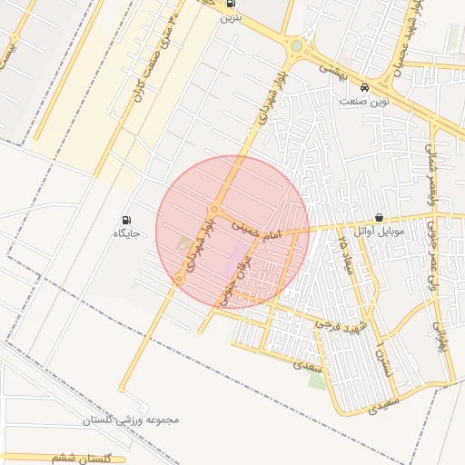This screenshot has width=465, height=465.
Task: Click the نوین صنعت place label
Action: [x=364, y=102]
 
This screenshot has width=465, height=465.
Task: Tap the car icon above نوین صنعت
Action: [x=364, y=88]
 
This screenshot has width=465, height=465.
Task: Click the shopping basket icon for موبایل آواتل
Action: [x=379, y=218]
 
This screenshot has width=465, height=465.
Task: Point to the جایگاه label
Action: [x=125, y=233]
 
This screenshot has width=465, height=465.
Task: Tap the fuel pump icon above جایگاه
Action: [x=125, y=220]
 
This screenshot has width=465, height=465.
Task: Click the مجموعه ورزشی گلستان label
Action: [x=132, y=420]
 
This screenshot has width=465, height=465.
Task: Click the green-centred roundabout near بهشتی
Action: [x=296, y=45]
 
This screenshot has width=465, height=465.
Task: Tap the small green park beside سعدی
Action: [x=317, y=381]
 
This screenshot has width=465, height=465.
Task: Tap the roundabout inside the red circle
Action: [x=214, y=208]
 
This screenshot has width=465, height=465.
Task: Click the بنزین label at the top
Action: [x=231, y=16]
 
